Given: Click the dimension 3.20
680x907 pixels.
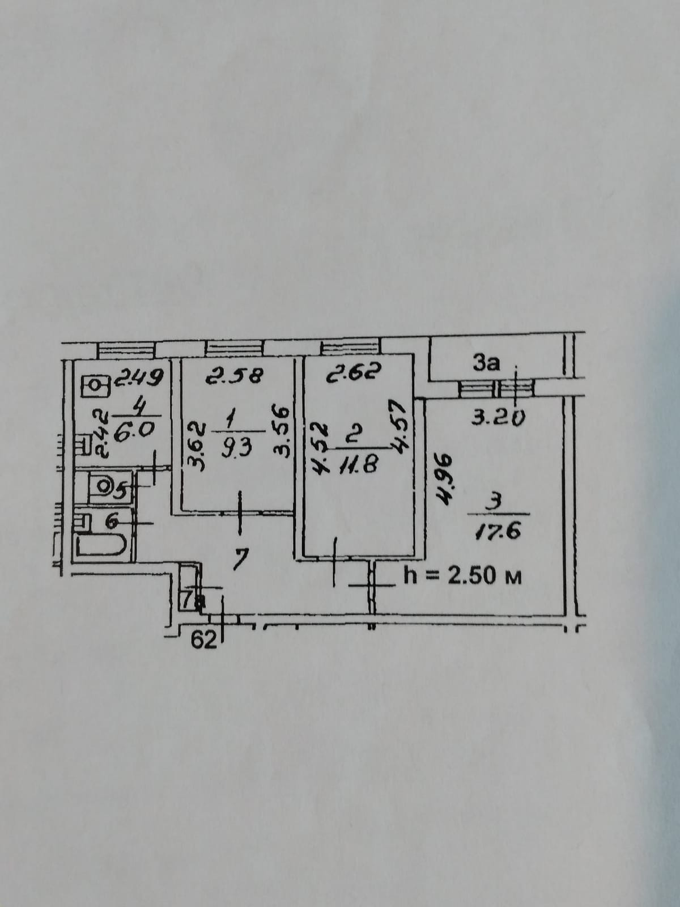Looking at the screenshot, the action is coord(497,418).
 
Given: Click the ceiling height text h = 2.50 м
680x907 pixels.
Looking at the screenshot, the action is coord(461,577).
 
